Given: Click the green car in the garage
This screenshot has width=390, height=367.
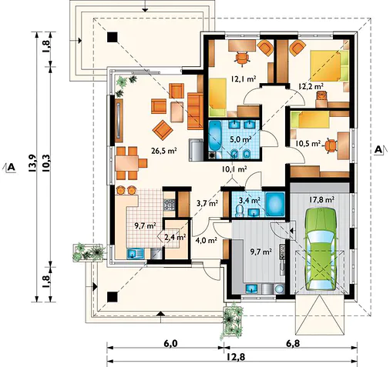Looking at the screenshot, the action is pyautogui.click(x=321, y=249).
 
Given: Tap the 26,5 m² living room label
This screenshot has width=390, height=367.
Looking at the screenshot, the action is pyautogui.click(x=163, y=151).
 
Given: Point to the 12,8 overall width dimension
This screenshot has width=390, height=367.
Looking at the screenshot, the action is pyautogui.click(x=233, y=357).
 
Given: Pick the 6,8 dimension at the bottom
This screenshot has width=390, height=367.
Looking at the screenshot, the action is pyautogui.click(x=293, y=343).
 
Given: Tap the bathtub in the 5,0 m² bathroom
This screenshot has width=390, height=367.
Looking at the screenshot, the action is pyautogui.click(x=214, y=137).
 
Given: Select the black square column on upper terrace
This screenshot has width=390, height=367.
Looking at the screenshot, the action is pyautogui.click(x=113, y=37).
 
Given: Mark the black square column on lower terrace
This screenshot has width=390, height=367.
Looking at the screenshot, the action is pyautogui.click(x=113, y=297).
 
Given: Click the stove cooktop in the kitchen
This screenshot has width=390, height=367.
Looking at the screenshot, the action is pyautogui.click(x=170, y=205).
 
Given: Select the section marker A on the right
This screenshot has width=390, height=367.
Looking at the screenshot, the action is pyautogui.click(x=380, y=149).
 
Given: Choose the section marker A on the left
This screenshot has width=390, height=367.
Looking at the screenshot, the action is pyautogui.click(x=10, y=168).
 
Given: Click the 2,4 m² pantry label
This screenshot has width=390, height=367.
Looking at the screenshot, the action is pyautogui.click(x=175, y=237).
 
